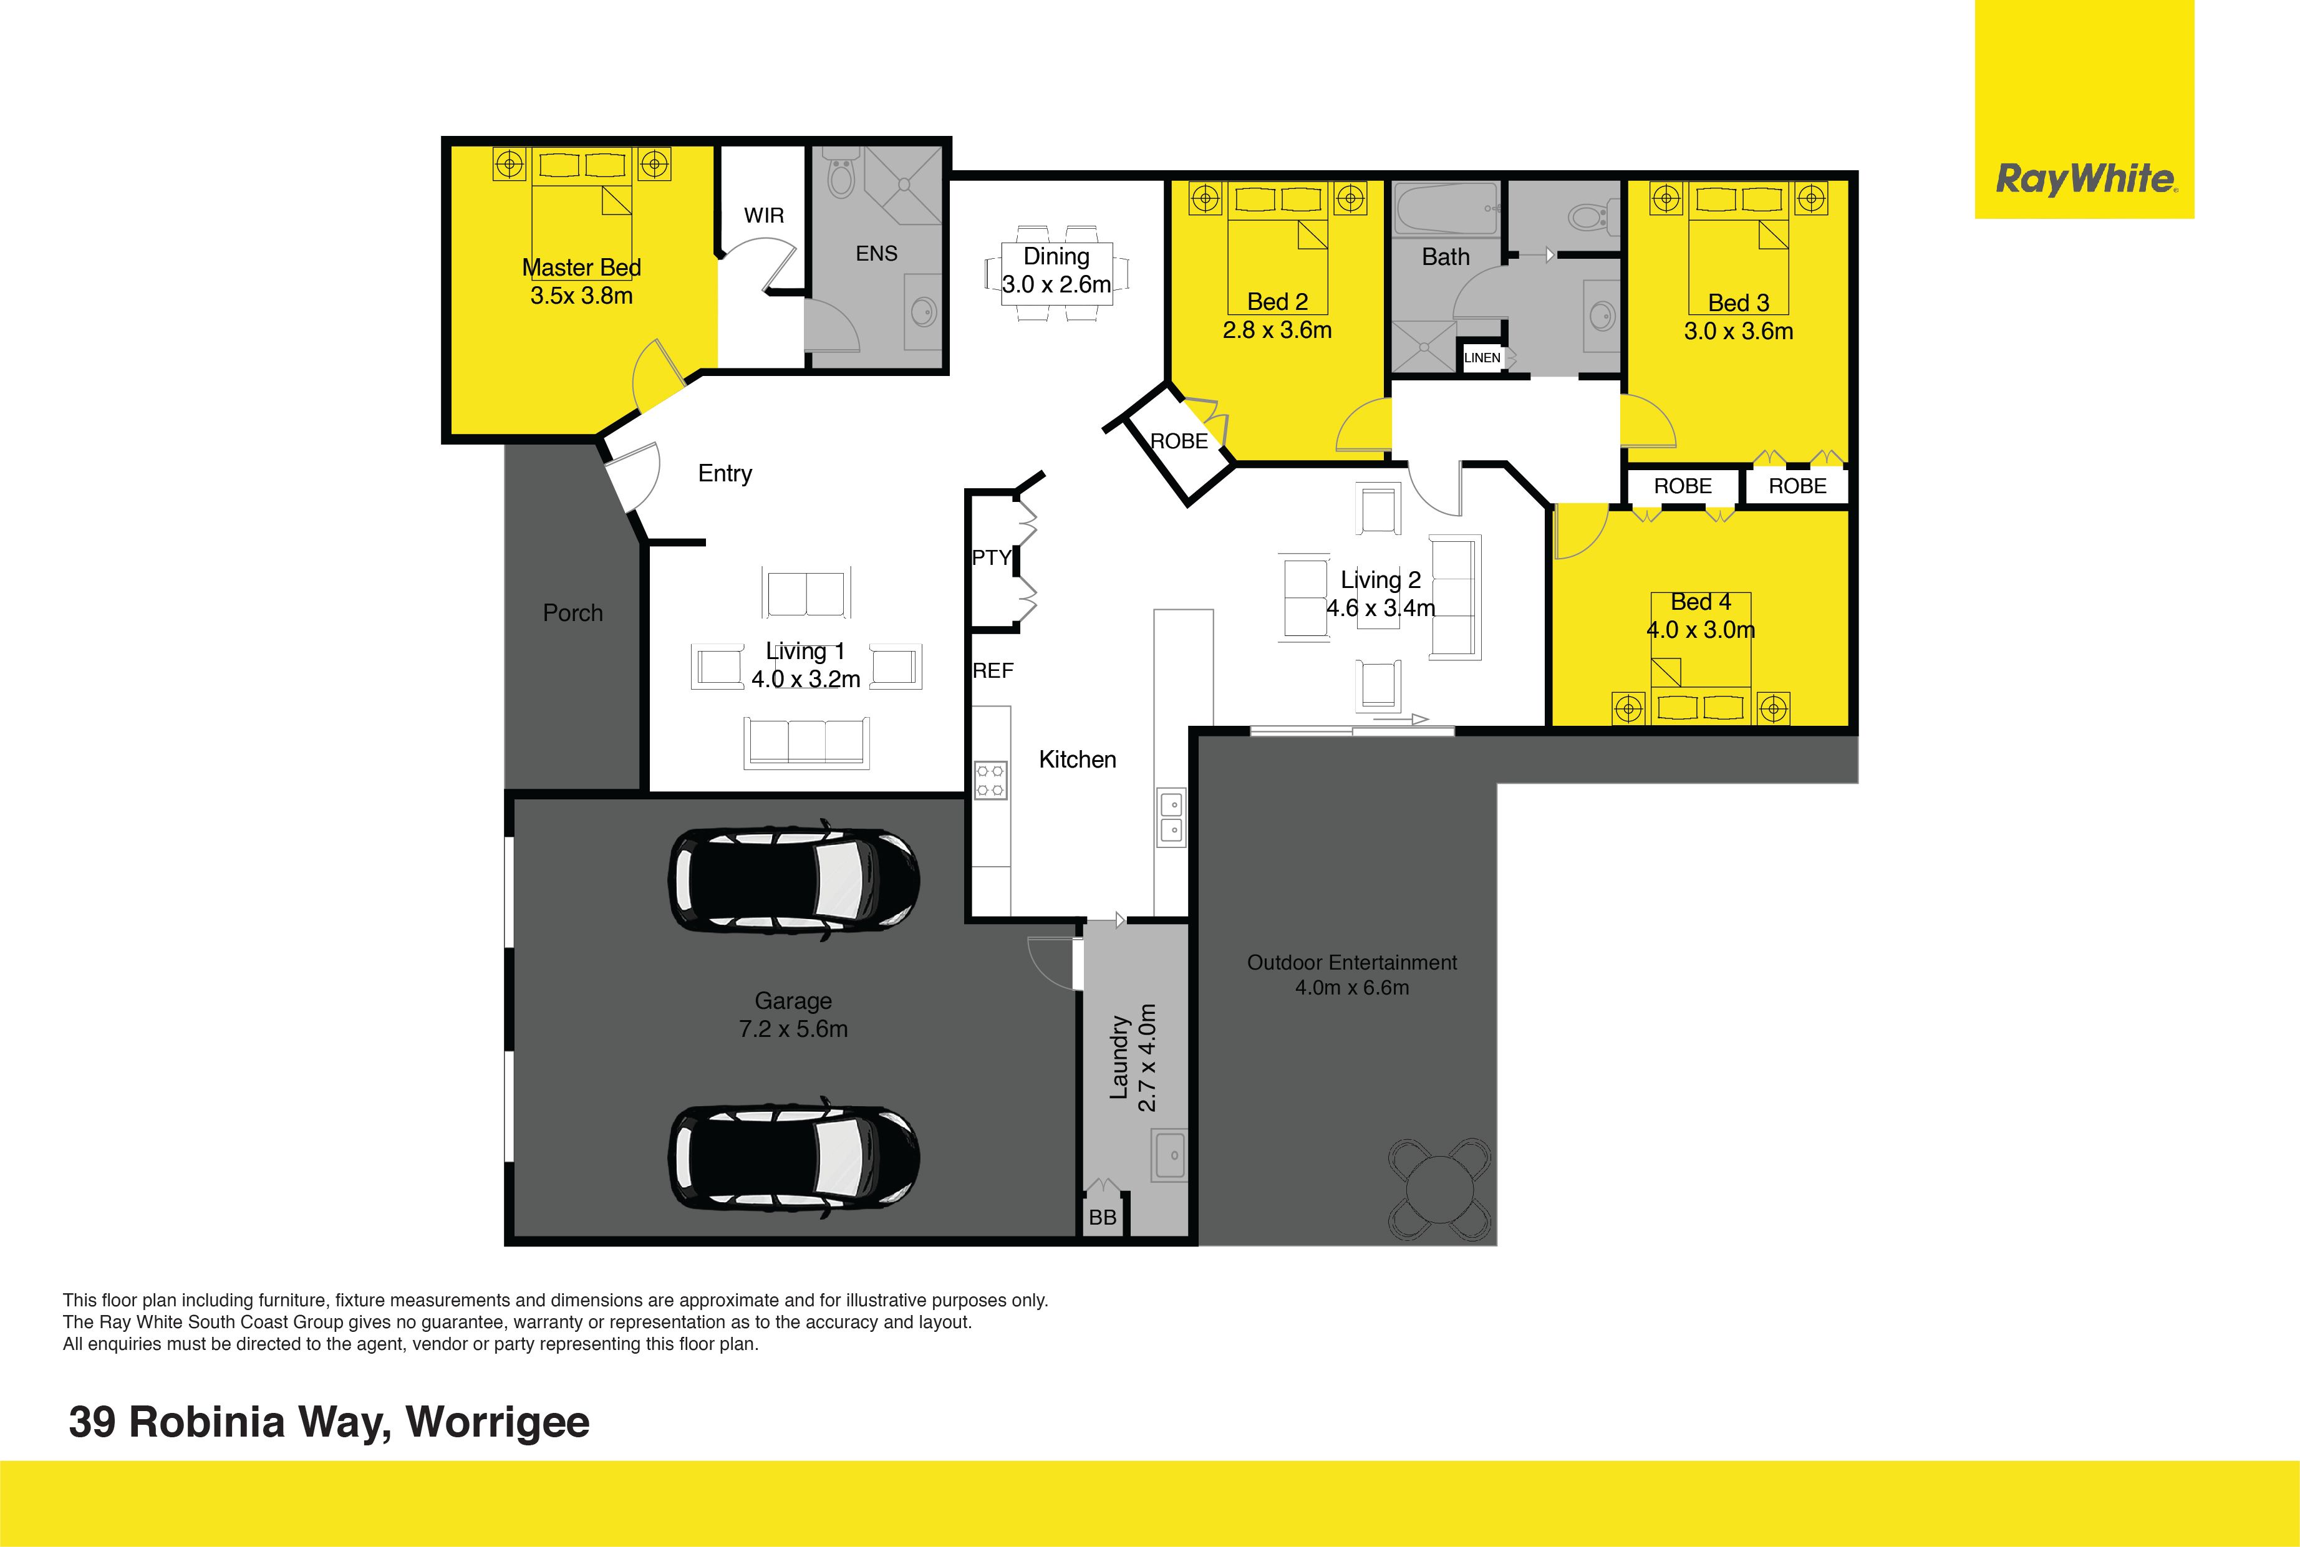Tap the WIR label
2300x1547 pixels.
pos(764,215)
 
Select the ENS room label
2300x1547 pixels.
pos(876,254)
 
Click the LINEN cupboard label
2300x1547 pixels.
pos(1482,358)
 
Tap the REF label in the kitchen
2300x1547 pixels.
pos(993,671)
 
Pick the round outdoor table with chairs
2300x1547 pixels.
pos(1439,1190)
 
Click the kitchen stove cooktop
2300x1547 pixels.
pos(990,779)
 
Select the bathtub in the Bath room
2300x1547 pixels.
pos(1446,209)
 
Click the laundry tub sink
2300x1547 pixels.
pos(1170,1154)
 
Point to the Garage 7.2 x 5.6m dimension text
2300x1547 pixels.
pos(793,1029)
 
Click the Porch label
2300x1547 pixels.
pos(573,613)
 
